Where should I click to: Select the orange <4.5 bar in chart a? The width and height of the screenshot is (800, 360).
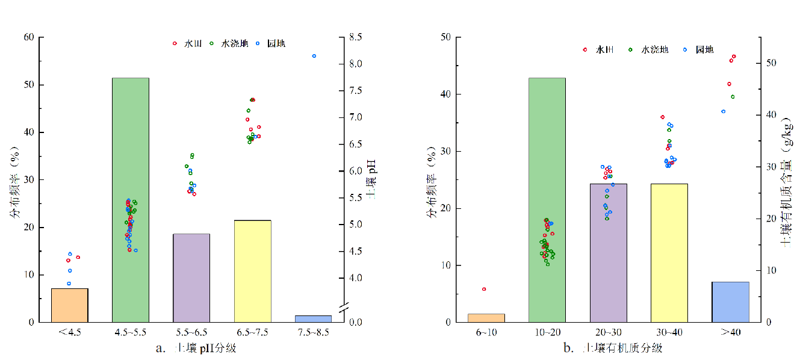pos(70,305)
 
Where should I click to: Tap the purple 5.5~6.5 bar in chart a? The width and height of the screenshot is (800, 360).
pos(191,278)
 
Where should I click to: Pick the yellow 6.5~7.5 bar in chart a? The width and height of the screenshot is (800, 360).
pos(253,271)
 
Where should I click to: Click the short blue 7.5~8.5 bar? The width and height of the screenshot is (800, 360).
pos(314,318)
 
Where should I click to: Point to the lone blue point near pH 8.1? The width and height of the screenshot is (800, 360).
pos(314,56)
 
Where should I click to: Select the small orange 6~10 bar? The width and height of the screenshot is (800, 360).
pos(486,318)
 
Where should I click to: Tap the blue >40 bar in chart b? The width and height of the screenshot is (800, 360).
pos(730,302)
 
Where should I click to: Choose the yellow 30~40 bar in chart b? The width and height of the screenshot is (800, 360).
pos(669,253)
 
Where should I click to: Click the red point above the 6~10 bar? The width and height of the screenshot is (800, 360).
pos(484,289)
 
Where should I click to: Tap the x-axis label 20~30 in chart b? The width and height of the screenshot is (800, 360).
pos(608,332)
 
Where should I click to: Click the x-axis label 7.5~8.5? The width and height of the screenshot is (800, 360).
pos(314,332)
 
